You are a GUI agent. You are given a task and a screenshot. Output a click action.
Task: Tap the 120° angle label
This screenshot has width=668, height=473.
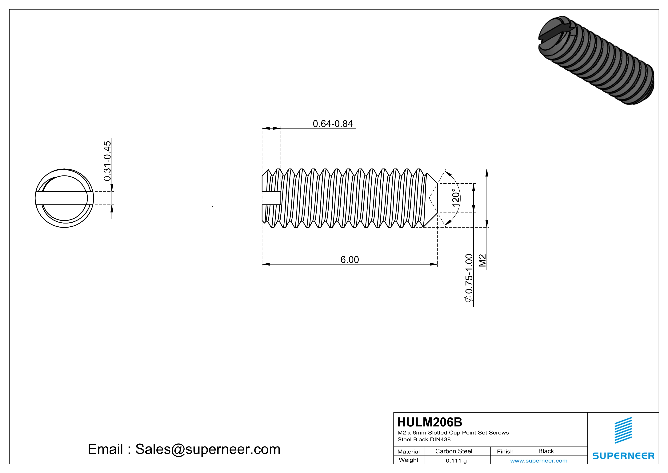(456, 198)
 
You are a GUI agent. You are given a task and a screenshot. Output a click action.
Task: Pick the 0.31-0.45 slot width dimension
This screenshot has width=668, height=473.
(107, 161)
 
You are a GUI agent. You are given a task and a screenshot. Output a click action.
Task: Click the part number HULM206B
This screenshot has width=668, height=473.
(429, 422)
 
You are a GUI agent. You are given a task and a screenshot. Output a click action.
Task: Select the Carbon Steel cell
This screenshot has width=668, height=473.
(454, 451)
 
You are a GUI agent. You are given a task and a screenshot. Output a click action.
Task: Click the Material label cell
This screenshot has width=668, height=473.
(409, 451)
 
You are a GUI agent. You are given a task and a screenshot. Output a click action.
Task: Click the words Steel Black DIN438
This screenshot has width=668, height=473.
(424, 439)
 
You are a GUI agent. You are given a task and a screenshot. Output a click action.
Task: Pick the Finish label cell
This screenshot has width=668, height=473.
(505, 451)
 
